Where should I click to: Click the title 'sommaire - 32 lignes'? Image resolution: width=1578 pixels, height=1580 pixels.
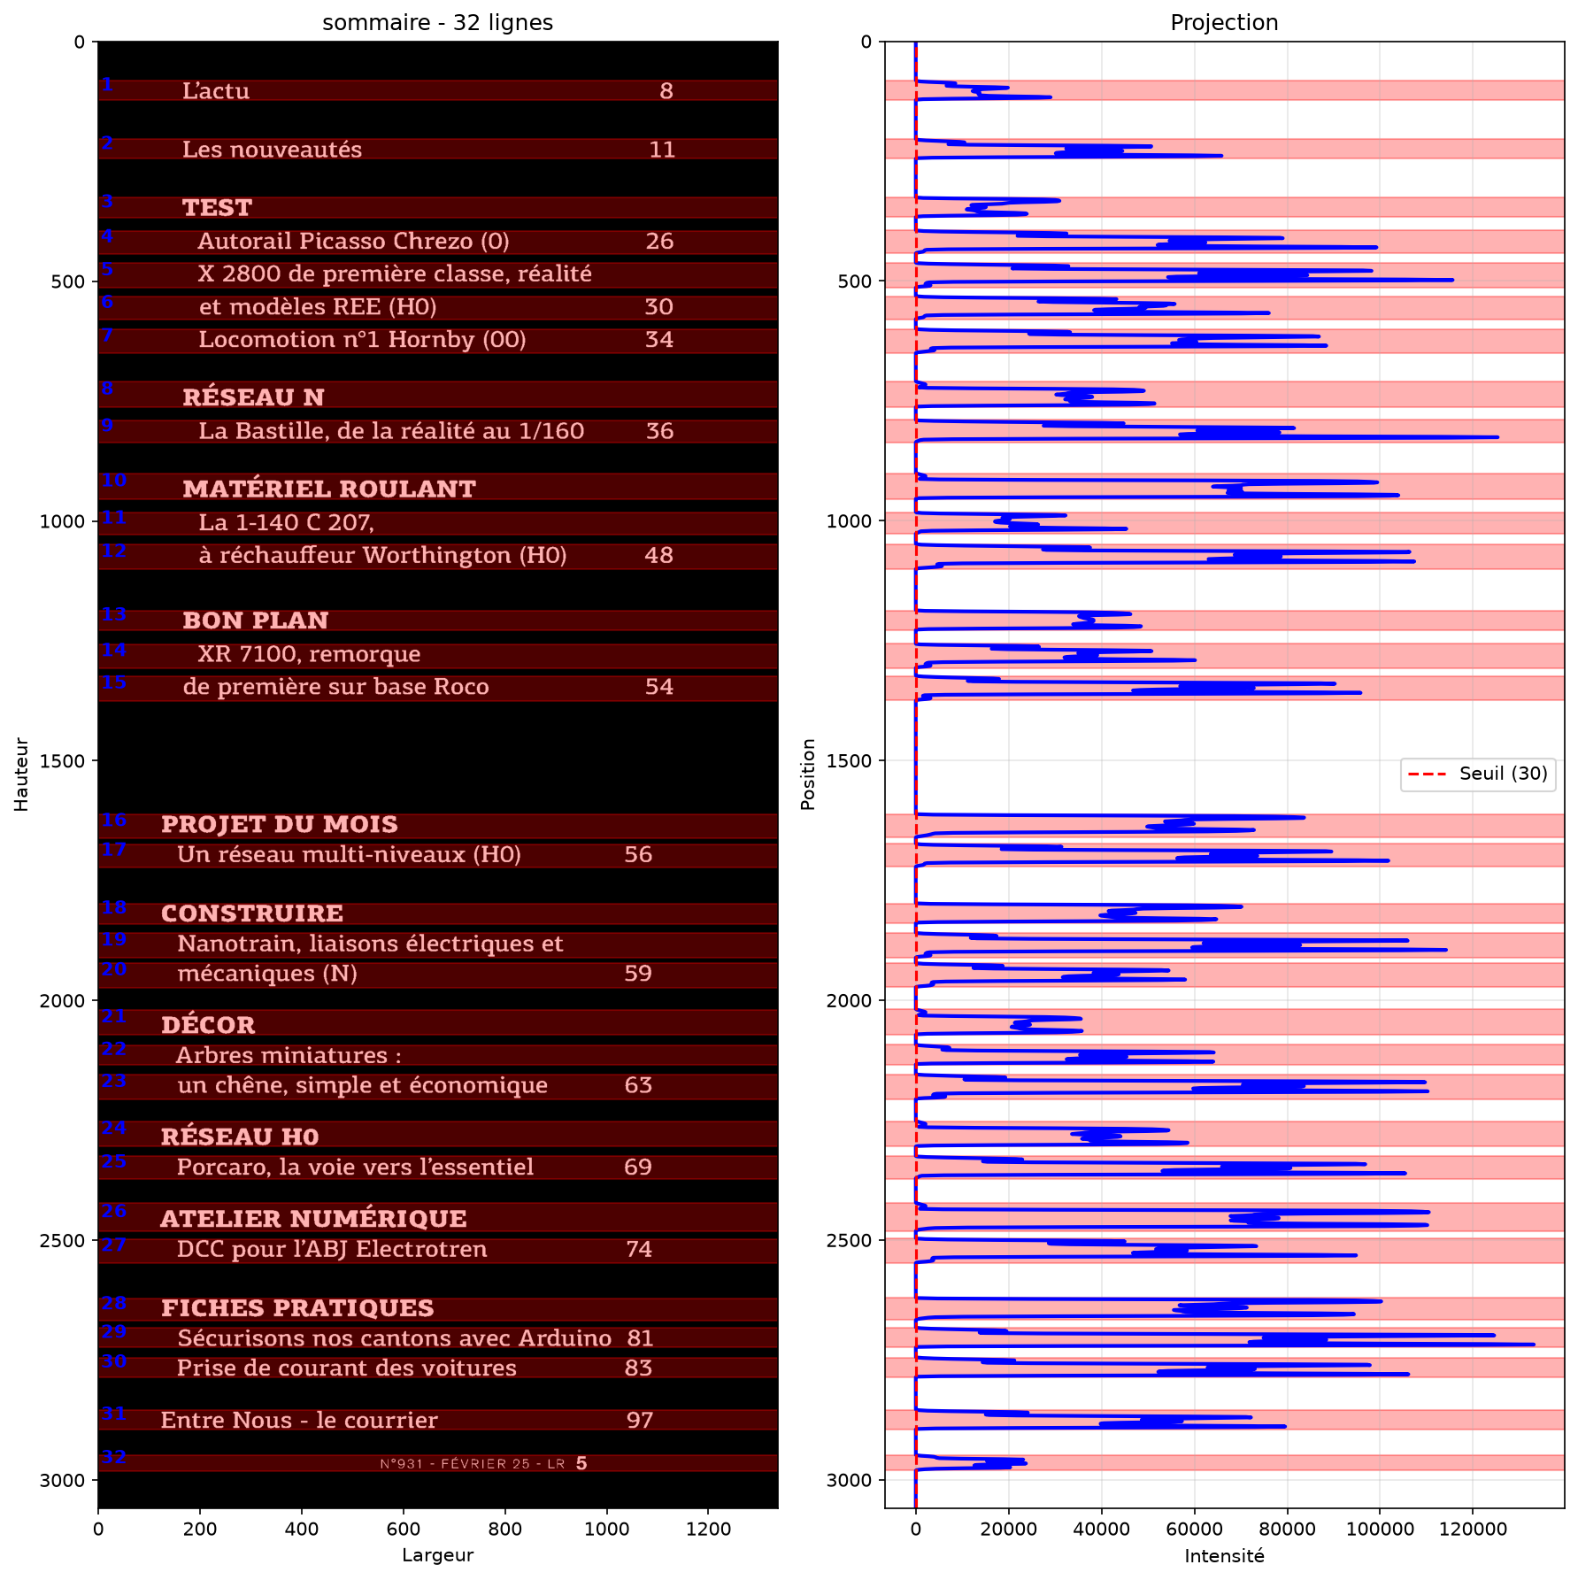(x=437, y=22)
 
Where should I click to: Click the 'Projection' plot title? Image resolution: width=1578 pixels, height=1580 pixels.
(x=1224, y=22)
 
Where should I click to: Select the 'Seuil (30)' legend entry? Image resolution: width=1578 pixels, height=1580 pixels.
(x=1503, y=774)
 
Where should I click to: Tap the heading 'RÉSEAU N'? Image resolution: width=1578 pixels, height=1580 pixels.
(x=253, y=397)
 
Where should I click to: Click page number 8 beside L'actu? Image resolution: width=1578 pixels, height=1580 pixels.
(x=666, y=91)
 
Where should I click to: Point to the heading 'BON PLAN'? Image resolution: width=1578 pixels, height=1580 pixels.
(x=255, y=620)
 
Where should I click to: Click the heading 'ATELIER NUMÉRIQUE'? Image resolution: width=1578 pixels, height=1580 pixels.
(x=313, y=1218)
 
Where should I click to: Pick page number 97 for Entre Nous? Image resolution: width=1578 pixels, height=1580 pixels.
(x=640, y=1421)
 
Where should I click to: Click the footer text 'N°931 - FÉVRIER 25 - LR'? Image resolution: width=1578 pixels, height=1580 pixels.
(x=473, y=1464)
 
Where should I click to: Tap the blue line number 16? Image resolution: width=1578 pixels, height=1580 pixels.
(x=114, y=821)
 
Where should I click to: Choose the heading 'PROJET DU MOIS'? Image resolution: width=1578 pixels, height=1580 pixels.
(x=280, y=824)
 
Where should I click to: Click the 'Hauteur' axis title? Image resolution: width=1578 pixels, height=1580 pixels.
(x=21, y=775)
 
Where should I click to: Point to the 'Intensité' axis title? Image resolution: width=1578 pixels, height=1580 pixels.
(x=1224, y=1556)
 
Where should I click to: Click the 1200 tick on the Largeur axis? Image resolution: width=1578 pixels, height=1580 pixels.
(x=709, y=1529)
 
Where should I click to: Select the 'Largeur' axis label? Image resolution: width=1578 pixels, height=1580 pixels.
(x=437, y=1555)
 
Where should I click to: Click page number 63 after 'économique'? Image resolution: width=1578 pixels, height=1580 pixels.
(x=638, y=1085)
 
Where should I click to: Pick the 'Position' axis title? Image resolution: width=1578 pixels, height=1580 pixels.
(x=808, y=775)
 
